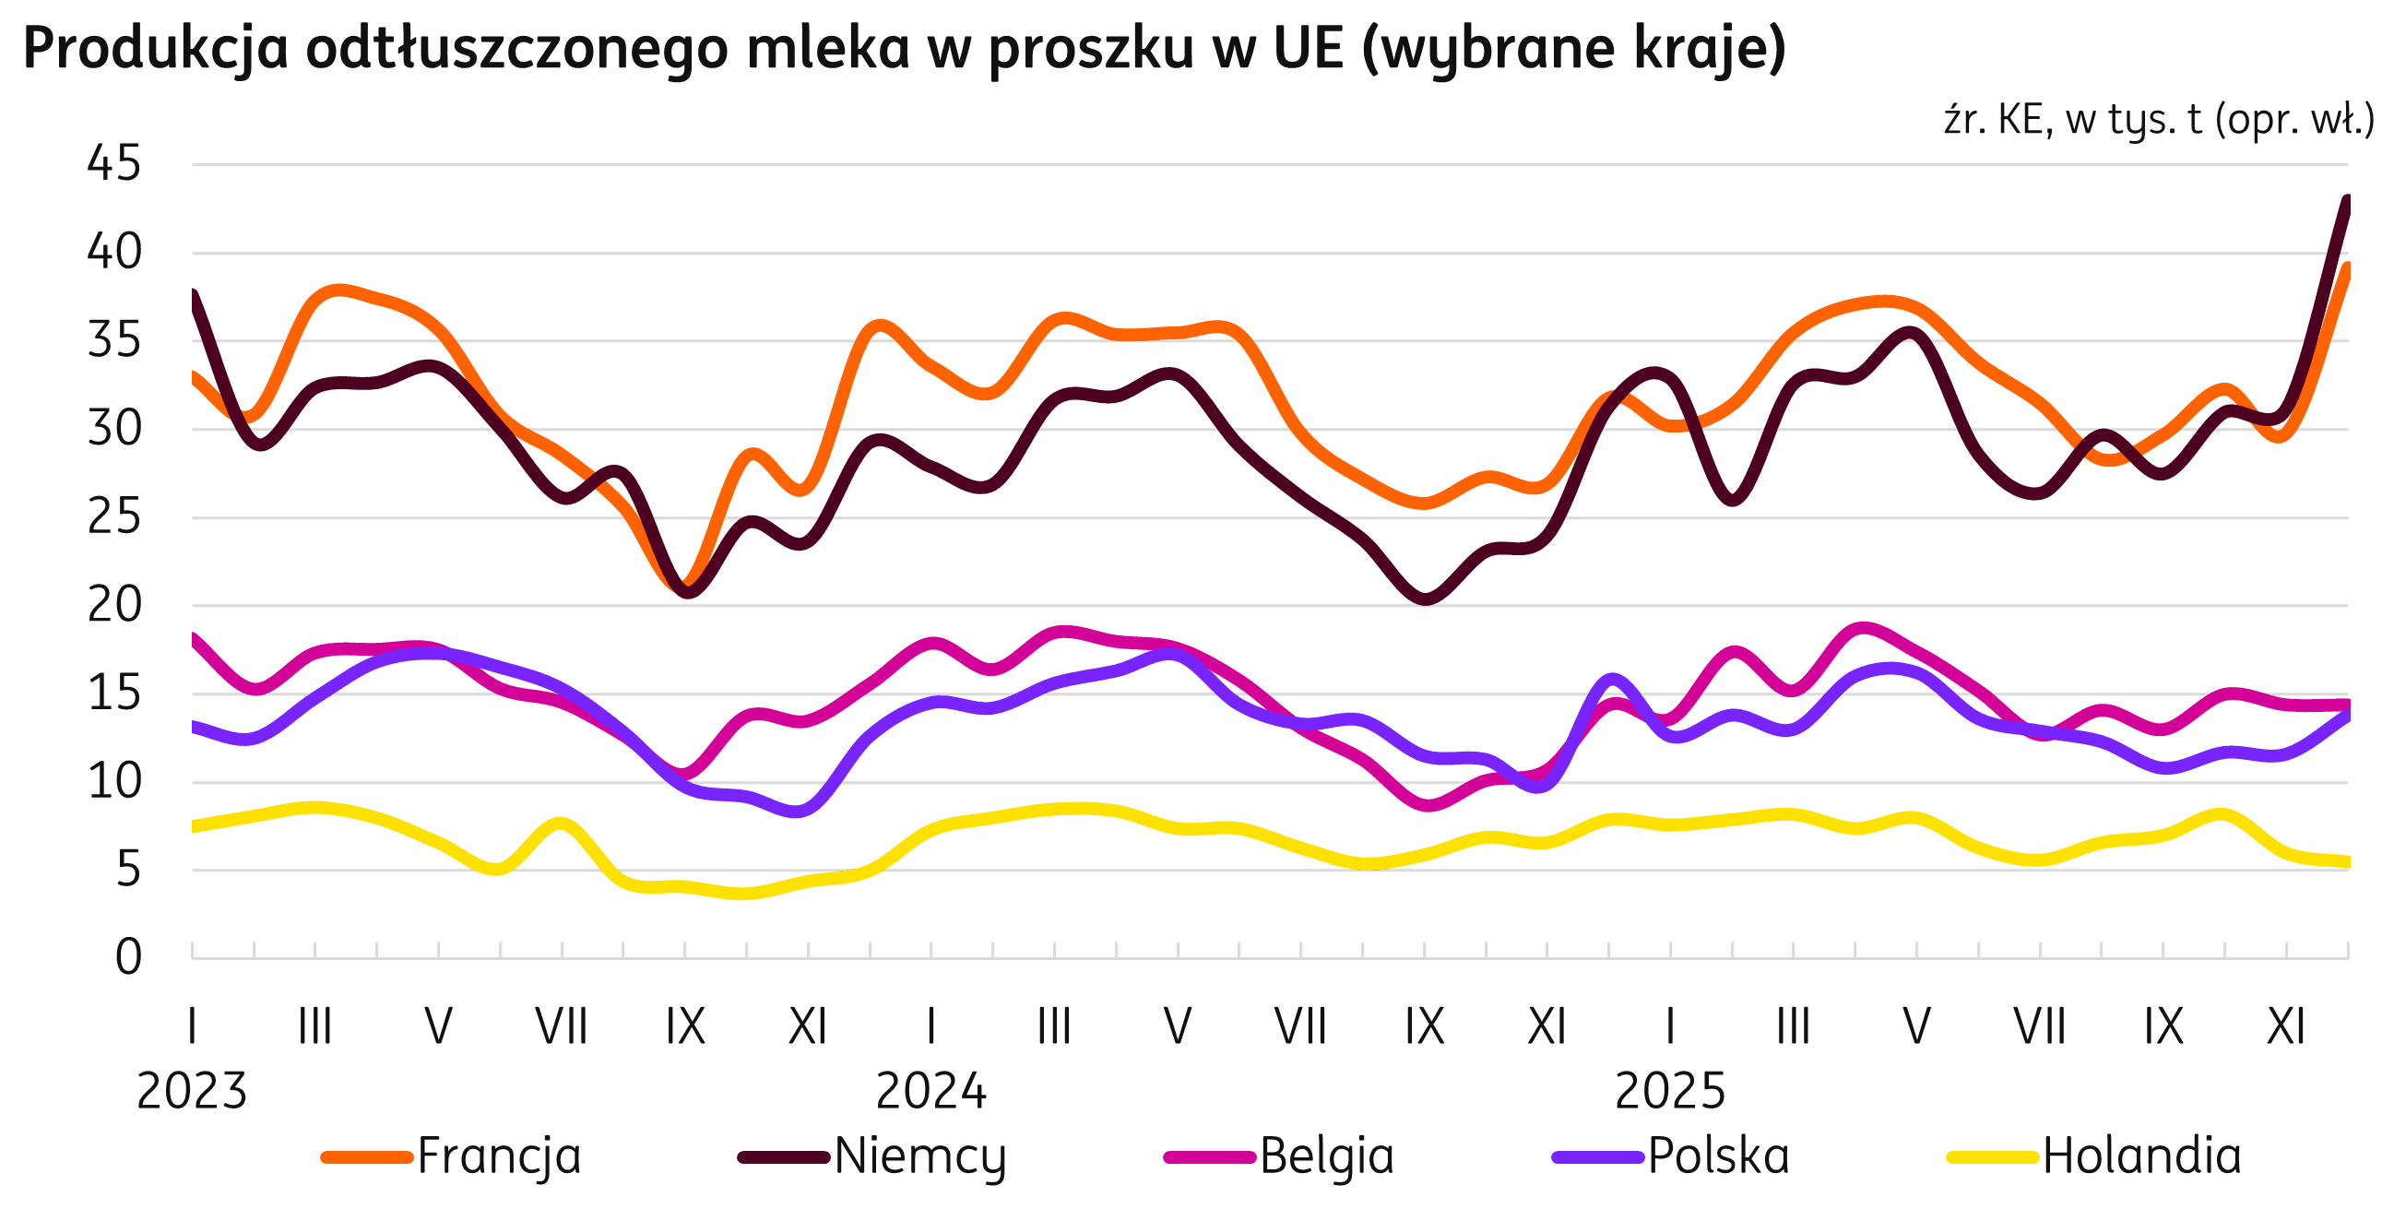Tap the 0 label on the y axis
click(x=128, y=957)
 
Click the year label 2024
click(x=931, y=1091)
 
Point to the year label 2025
click(x=1670, y=1091)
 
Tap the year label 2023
click(x=193, y=1091)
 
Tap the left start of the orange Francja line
click(x=194, y=374)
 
